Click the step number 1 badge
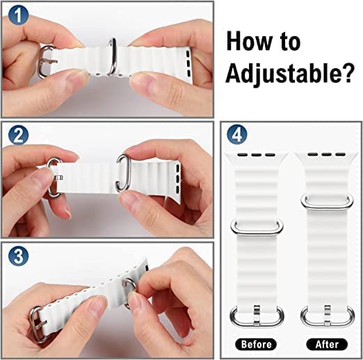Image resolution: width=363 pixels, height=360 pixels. [18, 15]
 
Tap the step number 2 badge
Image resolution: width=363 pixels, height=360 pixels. [18, 135]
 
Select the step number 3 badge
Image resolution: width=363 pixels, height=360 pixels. [18, 256]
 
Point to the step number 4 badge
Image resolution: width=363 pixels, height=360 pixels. [237, 135]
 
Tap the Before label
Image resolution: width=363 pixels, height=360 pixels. [256, 344]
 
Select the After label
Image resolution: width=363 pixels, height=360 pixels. [327, 344]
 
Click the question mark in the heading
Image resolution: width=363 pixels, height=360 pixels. [347, 72]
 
